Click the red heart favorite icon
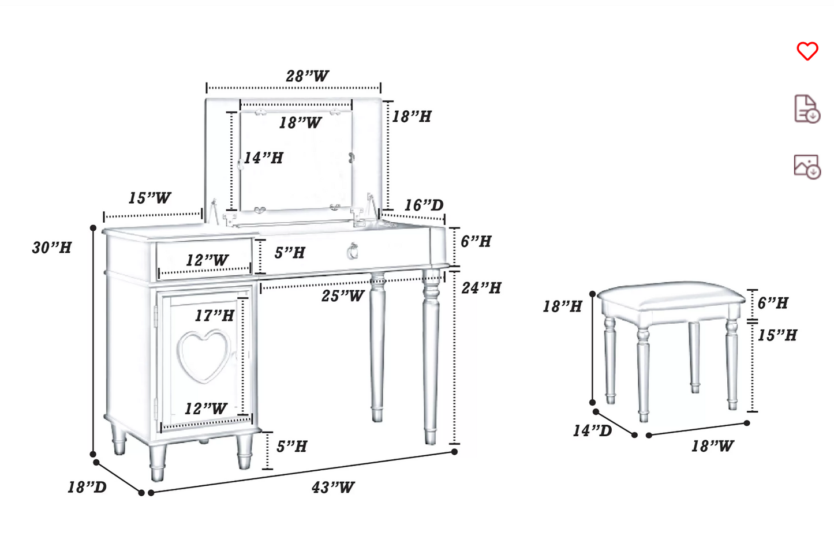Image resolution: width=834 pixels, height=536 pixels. click(x=807, y=51)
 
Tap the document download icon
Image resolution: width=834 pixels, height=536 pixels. click(x=806, y=109)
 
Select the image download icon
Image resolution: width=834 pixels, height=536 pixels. click(x=806, y=167)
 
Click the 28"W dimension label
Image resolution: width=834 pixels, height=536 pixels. click(x=307, y=76)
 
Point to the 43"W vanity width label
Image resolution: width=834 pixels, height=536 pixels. click(x=333, y=488)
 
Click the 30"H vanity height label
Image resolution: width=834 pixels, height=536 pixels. click(x=52, y=248)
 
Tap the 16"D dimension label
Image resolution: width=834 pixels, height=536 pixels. click(x=424, y=205)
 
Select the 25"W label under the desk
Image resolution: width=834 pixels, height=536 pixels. click(x=343, y=296)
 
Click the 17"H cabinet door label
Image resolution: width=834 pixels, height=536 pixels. click(x=214, y=316)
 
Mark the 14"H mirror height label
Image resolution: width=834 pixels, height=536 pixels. click(x=263, y=158)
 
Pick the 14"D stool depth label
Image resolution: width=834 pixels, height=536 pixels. click(x=592, y=431)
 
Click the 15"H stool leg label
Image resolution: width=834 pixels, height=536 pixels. click(x=777, y=335)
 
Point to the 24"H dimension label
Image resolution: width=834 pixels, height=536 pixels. click(x=481, y=288)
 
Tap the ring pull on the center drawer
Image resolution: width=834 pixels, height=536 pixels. click(x=353, y=252)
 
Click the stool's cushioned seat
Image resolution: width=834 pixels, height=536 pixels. click(x=671, y=295)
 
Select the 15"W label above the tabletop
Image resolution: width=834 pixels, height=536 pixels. click(x=149, y=198)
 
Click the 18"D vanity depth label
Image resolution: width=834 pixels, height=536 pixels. click(x=87, y=488)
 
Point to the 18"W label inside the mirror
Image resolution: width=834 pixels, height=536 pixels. click(x=300, y=123)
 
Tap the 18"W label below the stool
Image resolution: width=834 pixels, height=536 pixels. click(x=712, y=446)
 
